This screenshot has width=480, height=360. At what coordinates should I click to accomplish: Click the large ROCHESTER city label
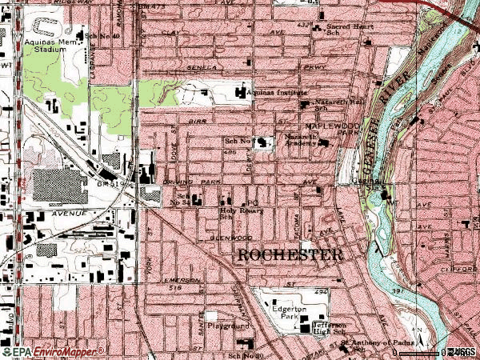coord(290,256)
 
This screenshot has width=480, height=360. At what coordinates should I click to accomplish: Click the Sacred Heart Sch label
coord(349,30)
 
